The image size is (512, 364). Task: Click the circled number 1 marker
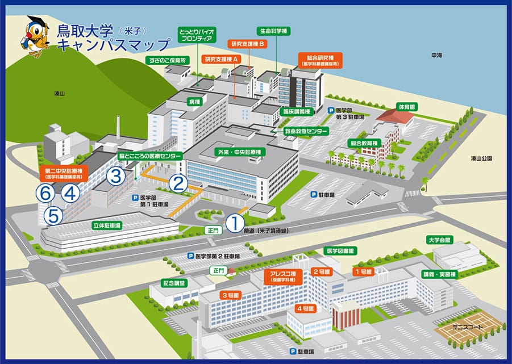point(235,223)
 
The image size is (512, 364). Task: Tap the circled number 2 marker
point(179,183)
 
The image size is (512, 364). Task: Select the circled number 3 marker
point(116,175)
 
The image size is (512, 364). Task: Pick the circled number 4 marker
point(70,194)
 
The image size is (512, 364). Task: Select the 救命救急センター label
point(307,131)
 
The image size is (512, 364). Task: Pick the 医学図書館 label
point(339,250)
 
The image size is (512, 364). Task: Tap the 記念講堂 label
point(174,282)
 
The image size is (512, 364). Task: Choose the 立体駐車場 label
point(107,225)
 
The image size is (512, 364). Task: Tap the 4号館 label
point(305,308)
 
